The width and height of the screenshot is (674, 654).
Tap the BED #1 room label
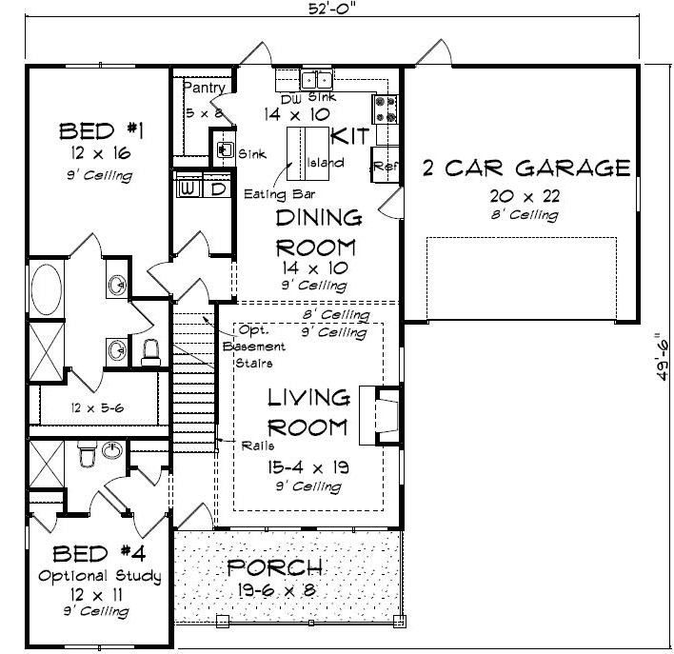click(x=95, y=130)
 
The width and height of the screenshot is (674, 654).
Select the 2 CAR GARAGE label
click(x=525, y=169)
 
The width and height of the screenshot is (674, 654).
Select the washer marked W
click(x=188, y=188)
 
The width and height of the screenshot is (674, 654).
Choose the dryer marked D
click(x=217, y=188)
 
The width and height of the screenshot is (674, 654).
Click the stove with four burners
click(x=387, y=109)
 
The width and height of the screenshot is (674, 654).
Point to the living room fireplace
click(x=379, y=414)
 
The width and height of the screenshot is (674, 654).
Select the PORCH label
click(x=275, y=568)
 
